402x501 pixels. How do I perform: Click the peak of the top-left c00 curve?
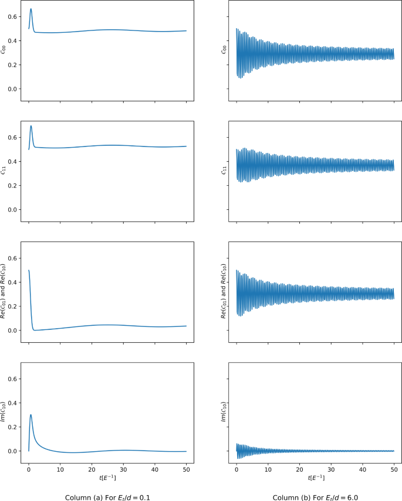coord(31,9)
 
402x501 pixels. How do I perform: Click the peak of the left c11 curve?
coord(31,126)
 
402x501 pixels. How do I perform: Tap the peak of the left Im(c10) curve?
coord(31,415)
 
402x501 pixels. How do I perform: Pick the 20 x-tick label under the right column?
coord(299,470)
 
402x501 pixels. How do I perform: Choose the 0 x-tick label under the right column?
coord(237,470)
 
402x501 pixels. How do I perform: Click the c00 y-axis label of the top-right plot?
coord(224,52)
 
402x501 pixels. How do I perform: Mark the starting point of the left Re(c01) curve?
coord(29,270)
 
